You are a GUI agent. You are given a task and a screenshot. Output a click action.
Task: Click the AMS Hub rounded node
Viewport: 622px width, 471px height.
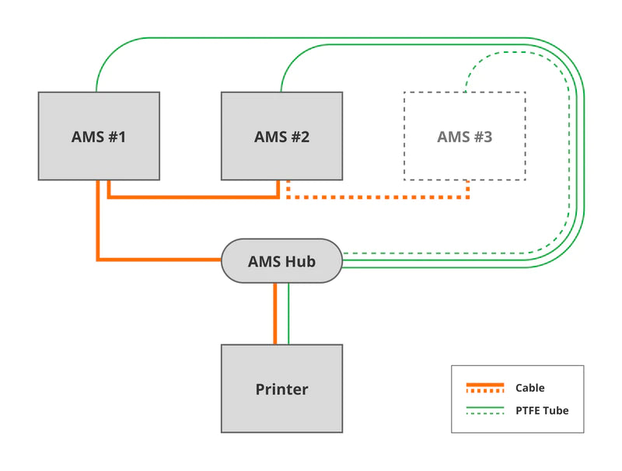[281, 261]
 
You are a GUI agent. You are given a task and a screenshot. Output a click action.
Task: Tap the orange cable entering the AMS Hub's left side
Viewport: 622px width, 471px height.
[155, 259]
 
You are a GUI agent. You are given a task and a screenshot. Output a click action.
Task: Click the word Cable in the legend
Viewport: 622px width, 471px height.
[529, 388]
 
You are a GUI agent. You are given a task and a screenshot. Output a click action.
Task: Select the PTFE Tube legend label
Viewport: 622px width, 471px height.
[541, 410]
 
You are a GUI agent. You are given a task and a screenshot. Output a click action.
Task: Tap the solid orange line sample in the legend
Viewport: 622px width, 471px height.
[484, 385]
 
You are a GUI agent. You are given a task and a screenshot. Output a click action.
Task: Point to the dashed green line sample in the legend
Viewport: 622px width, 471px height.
[484, 413]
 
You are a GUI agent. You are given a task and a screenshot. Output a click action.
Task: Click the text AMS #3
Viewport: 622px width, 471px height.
[464, 138]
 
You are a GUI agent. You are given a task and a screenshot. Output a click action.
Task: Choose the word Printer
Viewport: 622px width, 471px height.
[281, 389]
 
